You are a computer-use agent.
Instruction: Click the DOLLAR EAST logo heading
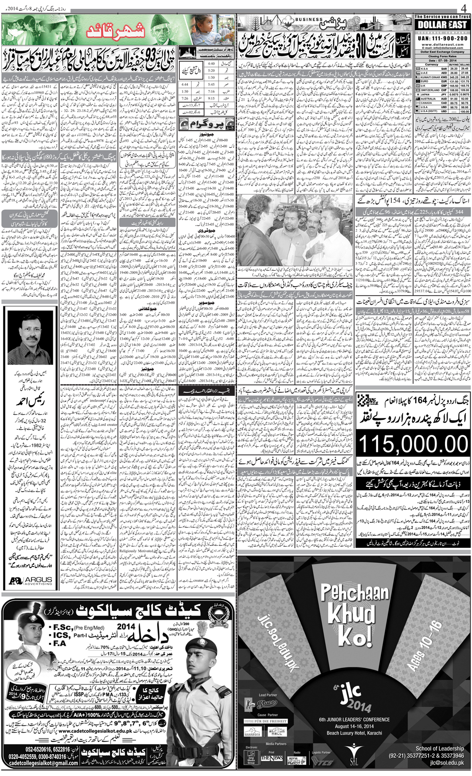point(442,25)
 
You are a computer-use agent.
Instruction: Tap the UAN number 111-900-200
point(442,38)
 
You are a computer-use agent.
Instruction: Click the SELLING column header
point(464,65)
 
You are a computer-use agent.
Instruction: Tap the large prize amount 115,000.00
point(413,445)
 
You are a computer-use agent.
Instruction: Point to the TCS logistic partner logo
point(322,760)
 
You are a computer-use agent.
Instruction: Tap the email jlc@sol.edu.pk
point(447,763)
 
